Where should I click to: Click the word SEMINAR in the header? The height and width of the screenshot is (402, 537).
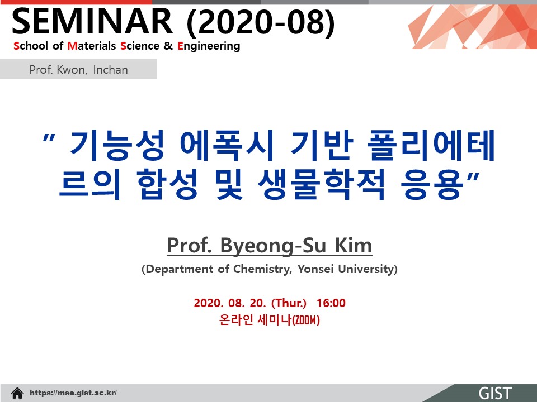(x=92, y=21)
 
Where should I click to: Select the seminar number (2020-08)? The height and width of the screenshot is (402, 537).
(x=261, y=22)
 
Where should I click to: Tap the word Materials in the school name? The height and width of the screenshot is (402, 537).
(x=92, y=46)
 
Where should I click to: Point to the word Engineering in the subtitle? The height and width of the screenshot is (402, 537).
(x=209, y=46)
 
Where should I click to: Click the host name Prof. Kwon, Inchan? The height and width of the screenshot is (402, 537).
(x=78, y=70)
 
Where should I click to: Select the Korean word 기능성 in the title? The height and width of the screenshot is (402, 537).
(x=117, y=145)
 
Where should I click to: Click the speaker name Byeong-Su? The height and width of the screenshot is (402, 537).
(x=273, y=246)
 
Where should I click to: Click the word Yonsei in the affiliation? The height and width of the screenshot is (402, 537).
(x=315, y=269)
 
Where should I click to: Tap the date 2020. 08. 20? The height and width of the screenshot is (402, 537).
(x=230, y=303)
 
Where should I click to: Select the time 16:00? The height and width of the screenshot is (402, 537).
(x=331, y=303)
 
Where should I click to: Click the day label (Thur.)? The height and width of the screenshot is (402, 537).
(x=289, y=303)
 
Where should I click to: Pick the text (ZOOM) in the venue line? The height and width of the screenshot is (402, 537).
(x=305, y=320)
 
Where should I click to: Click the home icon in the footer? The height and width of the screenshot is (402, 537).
(x=17, y=393)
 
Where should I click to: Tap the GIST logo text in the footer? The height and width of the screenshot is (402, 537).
(x=495, y=393)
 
